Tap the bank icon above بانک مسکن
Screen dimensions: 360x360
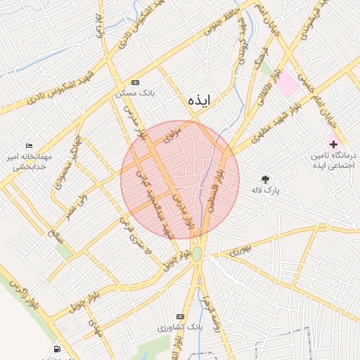(x=135, y=82)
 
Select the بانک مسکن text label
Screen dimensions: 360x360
(x=135, y=92)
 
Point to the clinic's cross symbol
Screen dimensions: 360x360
(x=333, y=143)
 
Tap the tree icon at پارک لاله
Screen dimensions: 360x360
(x=265, y=179)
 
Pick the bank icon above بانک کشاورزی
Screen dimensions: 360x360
(x=181, y=317)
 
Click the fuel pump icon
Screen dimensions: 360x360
(x=56, y=349)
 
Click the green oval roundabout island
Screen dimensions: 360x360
(x=198, y=253)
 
